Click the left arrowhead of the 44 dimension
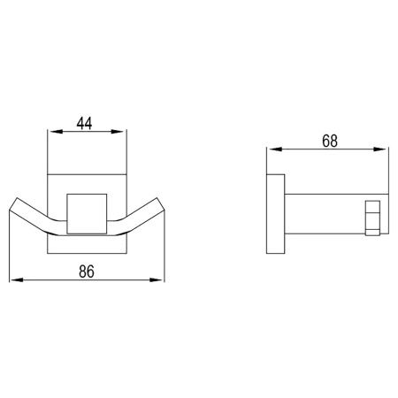point(51,133)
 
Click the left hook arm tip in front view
point(15,209)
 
